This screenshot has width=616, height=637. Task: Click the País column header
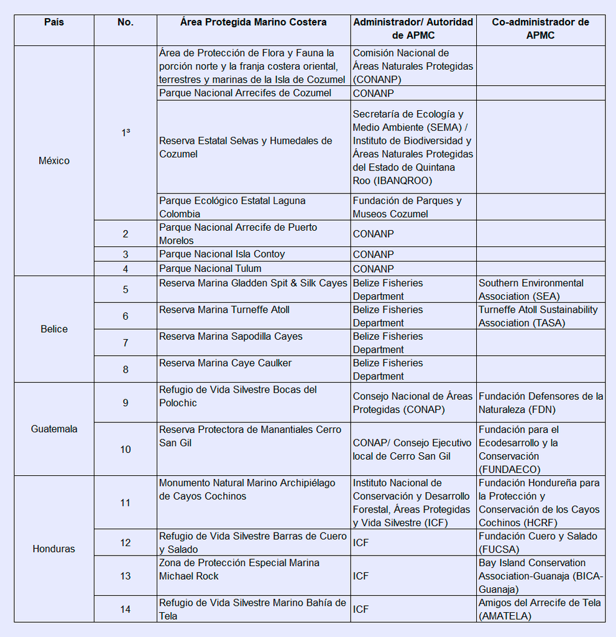[x=54, y=22]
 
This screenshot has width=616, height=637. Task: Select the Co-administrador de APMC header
[x=540, y=29]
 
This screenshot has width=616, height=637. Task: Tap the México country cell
[x=54, y=160]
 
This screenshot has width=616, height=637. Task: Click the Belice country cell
[x=54, y=329]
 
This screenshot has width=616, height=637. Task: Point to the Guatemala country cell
[x=54, y=429]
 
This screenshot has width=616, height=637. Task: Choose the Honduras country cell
[x=54, y=549]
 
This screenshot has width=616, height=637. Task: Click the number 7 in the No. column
[x=126, y=343]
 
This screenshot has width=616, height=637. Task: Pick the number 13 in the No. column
[x=126, y=576]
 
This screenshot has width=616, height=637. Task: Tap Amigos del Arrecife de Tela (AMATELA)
[x=540, y=609]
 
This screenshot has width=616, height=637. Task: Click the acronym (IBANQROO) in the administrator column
[x=402, y=181]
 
